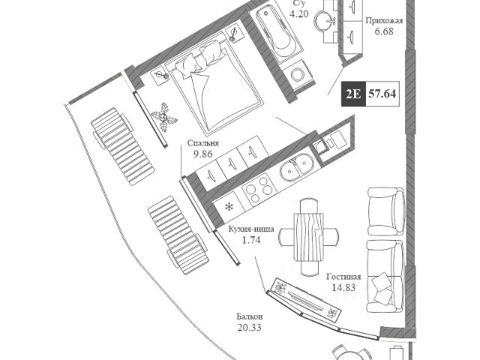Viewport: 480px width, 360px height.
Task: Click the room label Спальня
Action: pos(204,142)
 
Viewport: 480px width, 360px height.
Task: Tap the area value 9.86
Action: pos(204,154)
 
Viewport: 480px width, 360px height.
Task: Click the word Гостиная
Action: pos(344,275)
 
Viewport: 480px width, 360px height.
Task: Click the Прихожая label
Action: pos(384,22)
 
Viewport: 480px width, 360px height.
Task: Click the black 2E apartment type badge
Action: pos(352,94)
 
